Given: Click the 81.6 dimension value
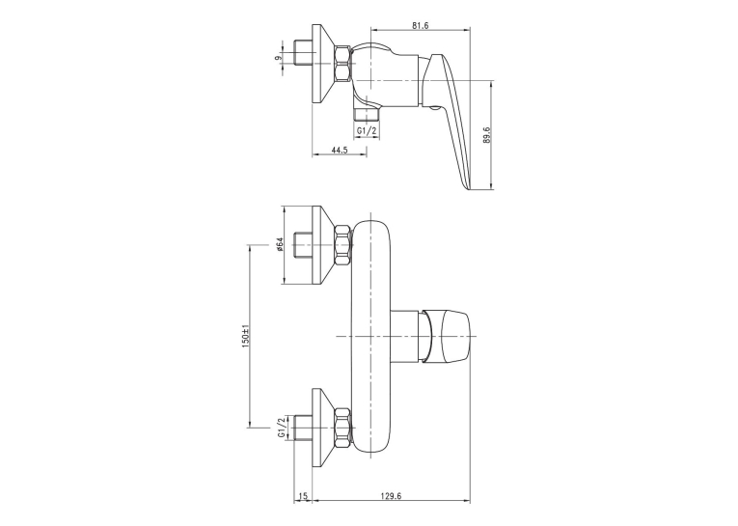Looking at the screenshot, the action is pyautogui.click(x=420, y=25).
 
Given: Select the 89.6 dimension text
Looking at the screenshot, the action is pyautogui.click(x=486, y=135).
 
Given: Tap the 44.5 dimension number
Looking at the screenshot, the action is pyautogui.click(x=340, y=150).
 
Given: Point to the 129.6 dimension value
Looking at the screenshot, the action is pyautogui.click(x=391, y=496).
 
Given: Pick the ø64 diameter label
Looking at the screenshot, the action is pyautogui.click(x=279, y=245).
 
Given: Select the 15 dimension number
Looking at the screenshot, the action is pyautogui.click(x=303, y=496).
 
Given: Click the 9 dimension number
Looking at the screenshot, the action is pyautogui.click(x=278, y=58).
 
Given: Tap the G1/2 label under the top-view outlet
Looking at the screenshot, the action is pyautogui.click(x=367, y=131).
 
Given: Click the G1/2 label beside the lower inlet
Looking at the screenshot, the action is pyautogui.click(x=282, y=428).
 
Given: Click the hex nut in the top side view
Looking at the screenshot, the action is pyautogui.click(x=342, y=64).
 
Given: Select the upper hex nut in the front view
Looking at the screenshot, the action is pyautogui.click(x=342, y=246).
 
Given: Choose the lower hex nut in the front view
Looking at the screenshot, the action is pyautogui.click(x=342, y=428).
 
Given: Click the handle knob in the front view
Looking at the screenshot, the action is pyautogui.click(x=446, y=336).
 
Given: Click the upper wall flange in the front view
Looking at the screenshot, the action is pyautogui.click(x=323, y=245).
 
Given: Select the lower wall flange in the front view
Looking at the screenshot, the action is pyautogui.click(x=323, y=428).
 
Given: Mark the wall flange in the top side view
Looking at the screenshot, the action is pyautogui.click(x=323, y=64).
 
